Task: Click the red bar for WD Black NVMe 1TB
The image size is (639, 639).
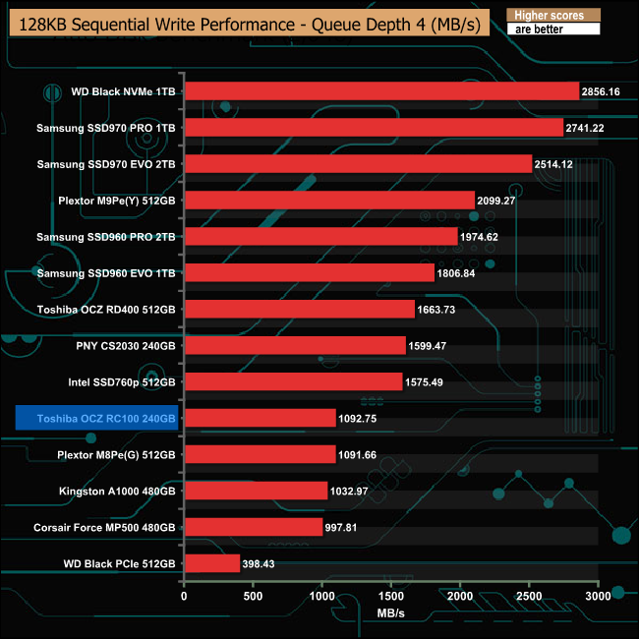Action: tap(381, 91)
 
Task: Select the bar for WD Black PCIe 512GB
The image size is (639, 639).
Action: tap(211, 563)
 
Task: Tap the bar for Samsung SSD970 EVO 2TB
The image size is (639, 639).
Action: tap(358, 164)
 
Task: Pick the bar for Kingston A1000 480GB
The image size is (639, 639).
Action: tap(256, 491)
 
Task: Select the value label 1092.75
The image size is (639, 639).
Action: tap(360, 418)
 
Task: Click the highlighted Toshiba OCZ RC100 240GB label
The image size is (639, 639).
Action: tap(96, 418)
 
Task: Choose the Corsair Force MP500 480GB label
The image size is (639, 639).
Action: tap(104, 527)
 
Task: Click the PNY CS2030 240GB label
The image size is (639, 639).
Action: tap(126, 346)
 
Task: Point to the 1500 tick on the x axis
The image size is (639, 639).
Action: tap(391, 596)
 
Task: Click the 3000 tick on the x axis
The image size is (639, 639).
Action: tap(598, 596)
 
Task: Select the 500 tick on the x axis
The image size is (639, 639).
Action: tap(253, 596)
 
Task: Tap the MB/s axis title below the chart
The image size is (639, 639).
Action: tap(390, 613)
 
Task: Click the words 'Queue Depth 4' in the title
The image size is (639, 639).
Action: tap(369, 23)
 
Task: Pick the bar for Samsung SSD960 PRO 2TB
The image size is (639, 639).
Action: tap(320, 237)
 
